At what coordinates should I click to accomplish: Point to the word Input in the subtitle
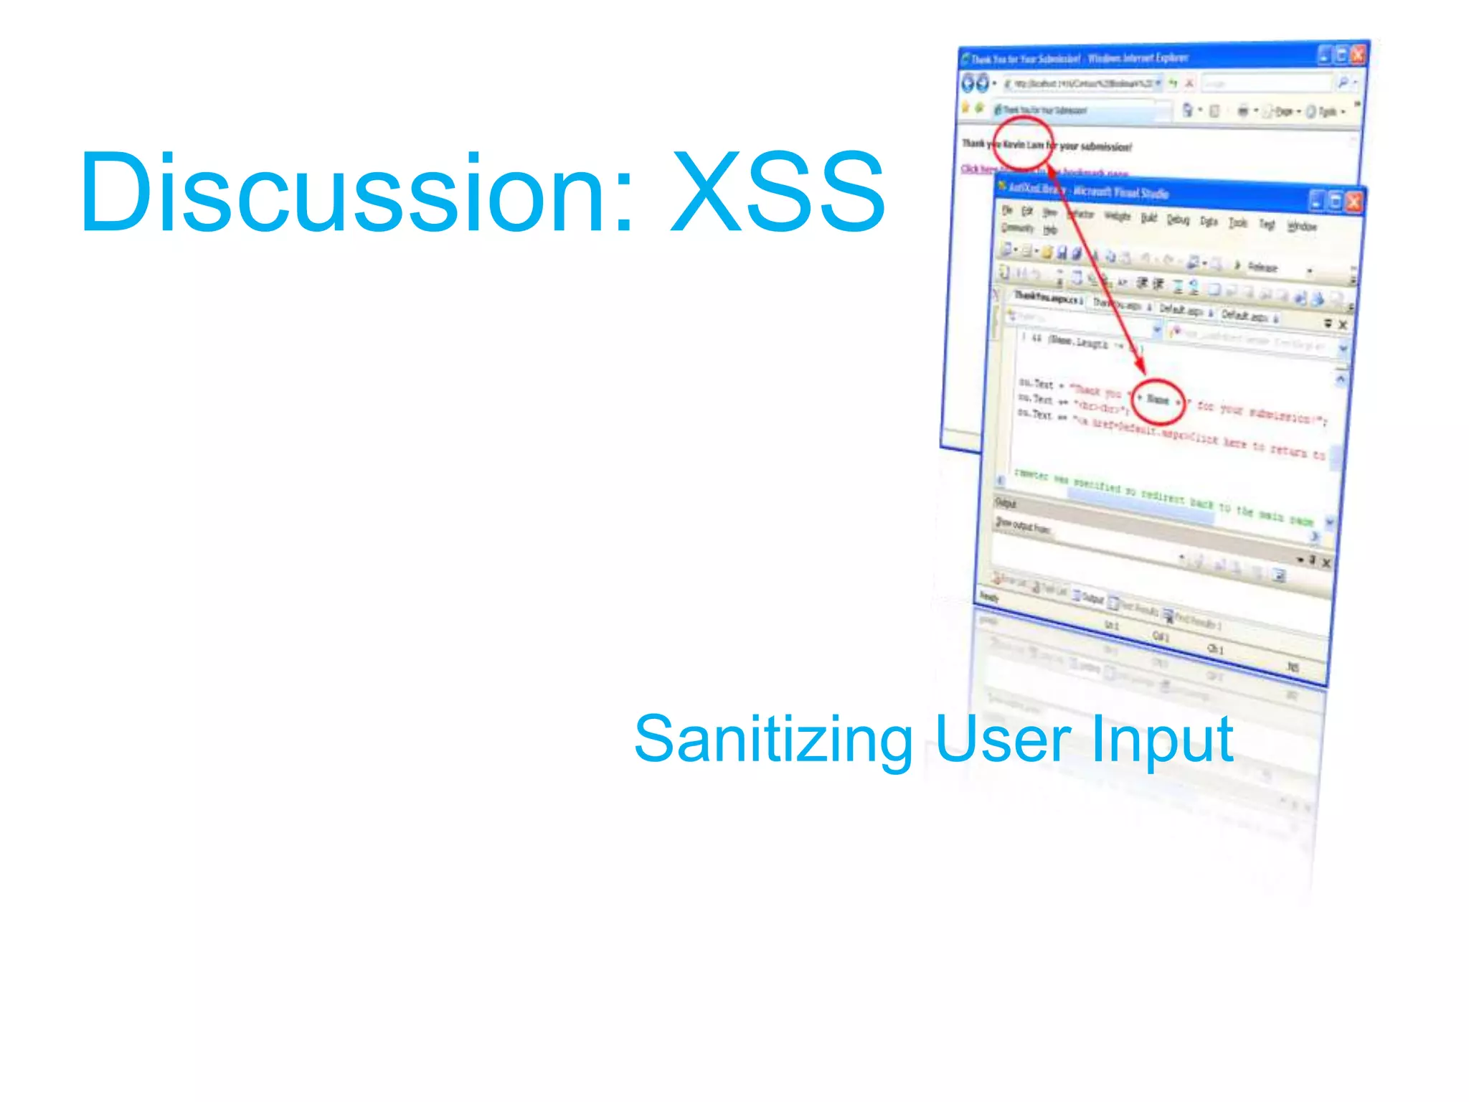[1162, 740]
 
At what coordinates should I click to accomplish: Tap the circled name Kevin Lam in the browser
[1023, 144]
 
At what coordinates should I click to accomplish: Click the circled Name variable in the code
[1156, 400]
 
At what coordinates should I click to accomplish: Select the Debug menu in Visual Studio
[1177, 220]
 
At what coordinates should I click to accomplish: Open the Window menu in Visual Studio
[1301, 227]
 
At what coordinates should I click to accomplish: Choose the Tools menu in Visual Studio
[1237, 223]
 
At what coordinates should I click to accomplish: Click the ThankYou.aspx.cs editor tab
[1047, 298]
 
